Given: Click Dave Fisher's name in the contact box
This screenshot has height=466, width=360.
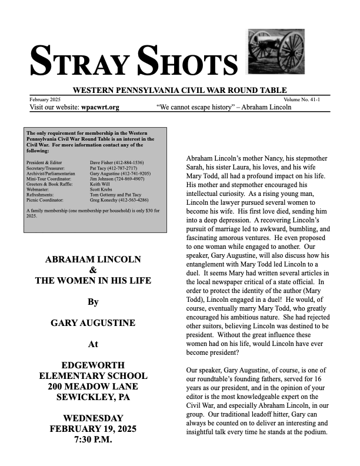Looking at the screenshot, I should [102, 162].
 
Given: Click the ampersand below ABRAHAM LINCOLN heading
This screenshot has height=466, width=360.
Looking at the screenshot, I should [92, 270].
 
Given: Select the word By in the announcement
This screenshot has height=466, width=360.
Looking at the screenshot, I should [92, 302].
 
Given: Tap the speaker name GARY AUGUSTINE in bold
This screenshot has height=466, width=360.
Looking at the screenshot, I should [92, 323].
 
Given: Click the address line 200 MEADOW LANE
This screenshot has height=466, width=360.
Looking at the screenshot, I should [92, 387].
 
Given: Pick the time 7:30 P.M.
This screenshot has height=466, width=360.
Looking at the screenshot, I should [92, 440].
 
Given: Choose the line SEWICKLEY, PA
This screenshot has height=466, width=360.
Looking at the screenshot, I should [92, 397].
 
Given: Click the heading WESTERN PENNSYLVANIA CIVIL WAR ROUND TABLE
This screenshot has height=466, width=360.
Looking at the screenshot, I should [179, 90].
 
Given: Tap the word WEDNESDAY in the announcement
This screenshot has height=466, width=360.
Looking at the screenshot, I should [92, 418].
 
